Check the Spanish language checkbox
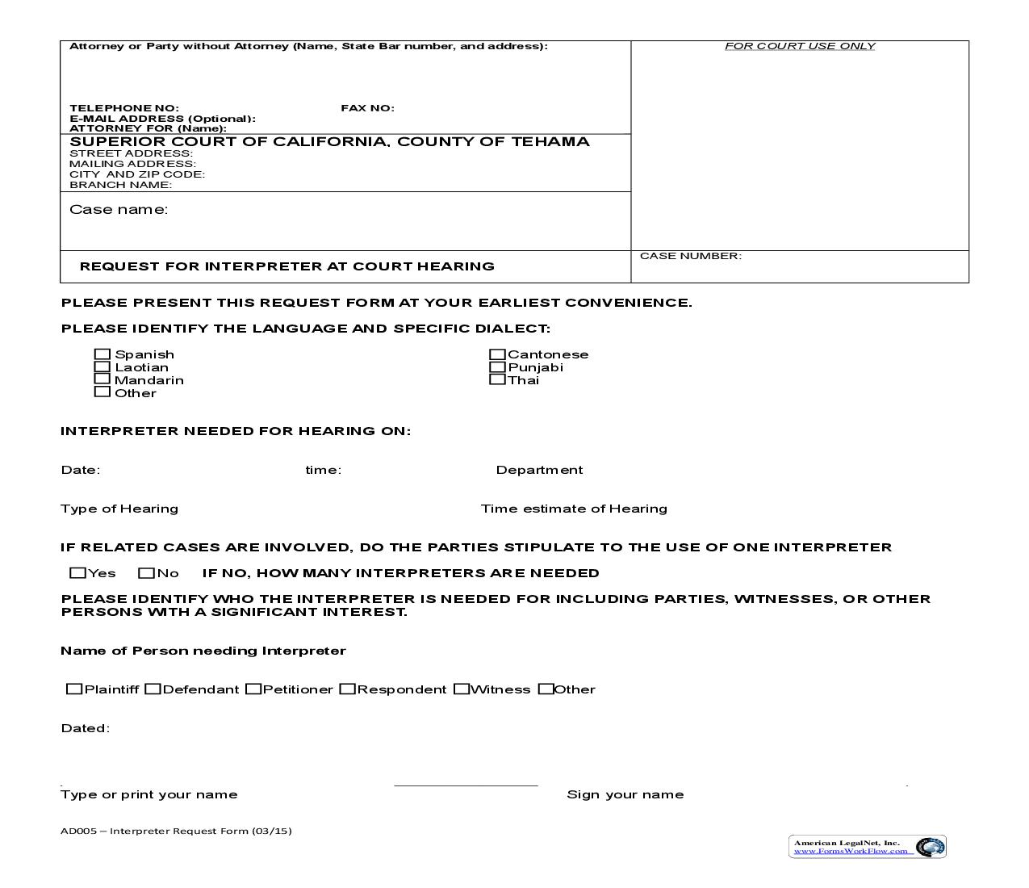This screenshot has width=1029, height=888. (x=102, y=354)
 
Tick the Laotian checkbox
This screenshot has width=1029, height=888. (x=102, y=367)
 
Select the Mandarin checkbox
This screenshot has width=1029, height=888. (x=102, y=379)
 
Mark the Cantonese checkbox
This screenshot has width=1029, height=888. (x=497, y=354)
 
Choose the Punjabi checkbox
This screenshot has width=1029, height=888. (x=497, y=367)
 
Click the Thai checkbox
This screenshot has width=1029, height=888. (x=497, y=379)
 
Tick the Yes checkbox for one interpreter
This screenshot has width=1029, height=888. (x=77, y=573)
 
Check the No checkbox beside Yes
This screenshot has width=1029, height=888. (x=146, y=573)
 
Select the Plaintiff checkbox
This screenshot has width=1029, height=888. (x=74, y=689)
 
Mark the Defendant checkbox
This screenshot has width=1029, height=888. (x=153, y=689)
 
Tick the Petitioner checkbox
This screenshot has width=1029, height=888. (x=253, y=689)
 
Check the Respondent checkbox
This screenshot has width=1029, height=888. (x=348, y=689)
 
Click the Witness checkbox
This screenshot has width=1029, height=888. (x=462, y=689)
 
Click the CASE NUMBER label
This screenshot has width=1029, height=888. (x=690, y=256)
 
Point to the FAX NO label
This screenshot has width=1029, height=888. (x=367, y=108)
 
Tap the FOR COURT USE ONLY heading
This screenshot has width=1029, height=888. (x=800, y=46)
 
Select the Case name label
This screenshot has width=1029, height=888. (x=119, y=210)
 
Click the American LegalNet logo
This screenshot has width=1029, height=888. (x=867, y=846)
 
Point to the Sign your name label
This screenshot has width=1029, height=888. (x=625, y=794)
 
